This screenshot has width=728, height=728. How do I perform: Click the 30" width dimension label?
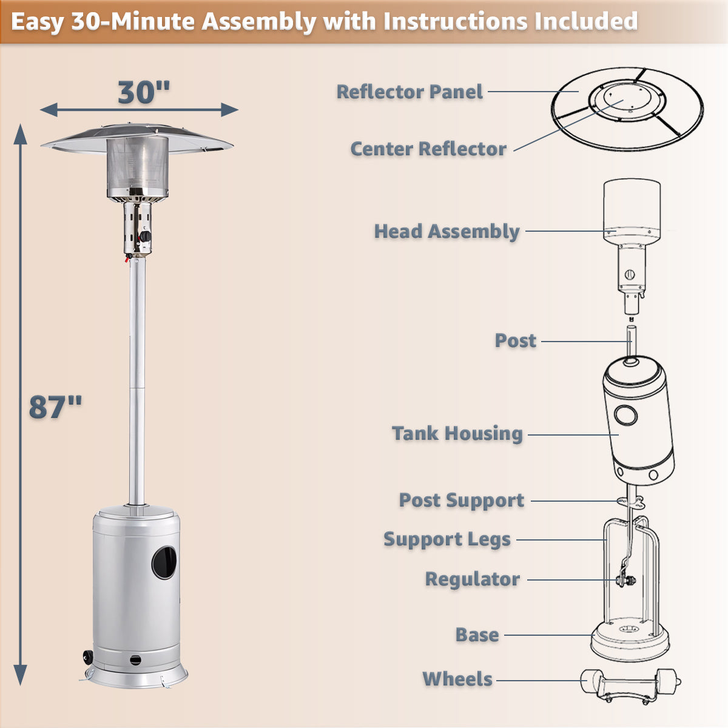point(144,93)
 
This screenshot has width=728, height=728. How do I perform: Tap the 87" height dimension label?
point(56,407)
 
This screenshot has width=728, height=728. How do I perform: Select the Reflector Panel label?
point(409,92)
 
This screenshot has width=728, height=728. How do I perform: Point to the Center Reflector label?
point(428,149)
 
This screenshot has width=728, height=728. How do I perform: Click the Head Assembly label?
point(447,231)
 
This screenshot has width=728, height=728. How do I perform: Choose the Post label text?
point(515,340)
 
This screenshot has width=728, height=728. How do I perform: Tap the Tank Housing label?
point(457,433)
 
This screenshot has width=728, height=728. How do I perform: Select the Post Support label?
point(461,500)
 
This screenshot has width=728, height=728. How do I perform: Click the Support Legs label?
point(447,539)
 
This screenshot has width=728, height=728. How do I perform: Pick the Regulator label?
point(472,579)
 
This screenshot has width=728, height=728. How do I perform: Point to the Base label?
point(477,635)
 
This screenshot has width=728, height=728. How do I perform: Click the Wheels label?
point(457,679)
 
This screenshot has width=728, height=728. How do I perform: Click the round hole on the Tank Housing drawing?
point(625,416)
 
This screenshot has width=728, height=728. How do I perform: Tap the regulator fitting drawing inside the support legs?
point(624,581)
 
